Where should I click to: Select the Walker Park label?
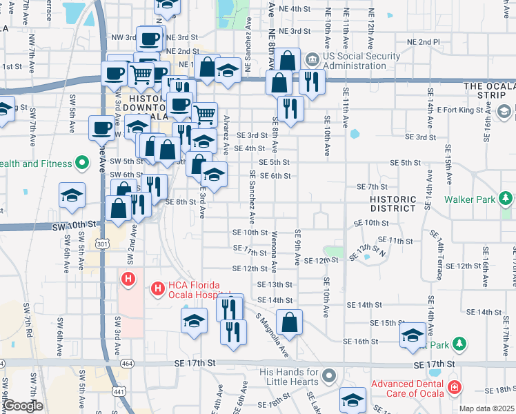click(x=470, y=199)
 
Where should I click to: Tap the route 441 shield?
click(x=119, y=391)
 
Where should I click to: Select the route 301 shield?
click(x=103, y=244)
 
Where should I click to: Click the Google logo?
click(x=23, y=406)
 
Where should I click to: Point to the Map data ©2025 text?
click(x=486, y=408)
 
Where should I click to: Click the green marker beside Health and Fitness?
click(x=83, y=164)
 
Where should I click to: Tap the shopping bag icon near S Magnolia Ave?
click(x=290, y=322)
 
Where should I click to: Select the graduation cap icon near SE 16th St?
click(x=413, y=335)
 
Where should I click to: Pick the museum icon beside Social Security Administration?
click(x=312, y=59)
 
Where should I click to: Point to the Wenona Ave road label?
click(x=274, y=253)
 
